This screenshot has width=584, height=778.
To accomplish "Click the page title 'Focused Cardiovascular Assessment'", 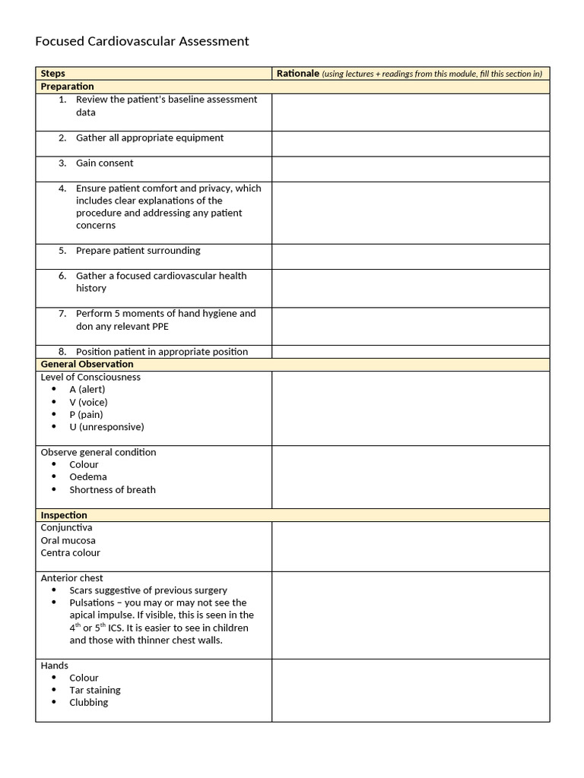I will (142, 41).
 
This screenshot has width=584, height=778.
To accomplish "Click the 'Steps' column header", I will (53, 74).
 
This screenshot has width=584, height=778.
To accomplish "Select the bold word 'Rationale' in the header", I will (297, 74).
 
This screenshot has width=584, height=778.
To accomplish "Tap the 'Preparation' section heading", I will (68, 87).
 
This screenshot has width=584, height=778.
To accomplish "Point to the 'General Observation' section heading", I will (87, 364).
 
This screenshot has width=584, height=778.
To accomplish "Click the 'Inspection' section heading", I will (64, 515).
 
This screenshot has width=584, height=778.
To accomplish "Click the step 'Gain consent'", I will (104, 163).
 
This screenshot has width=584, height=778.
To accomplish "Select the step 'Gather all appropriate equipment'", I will (150, 138).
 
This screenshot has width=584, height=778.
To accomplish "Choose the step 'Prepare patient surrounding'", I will (138, 251).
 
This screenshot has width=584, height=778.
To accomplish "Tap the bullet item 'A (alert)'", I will (87, 390).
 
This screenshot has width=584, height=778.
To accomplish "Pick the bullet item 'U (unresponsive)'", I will (106, 427).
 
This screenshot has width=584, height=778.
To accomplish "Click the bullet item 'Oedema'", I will (88, 477).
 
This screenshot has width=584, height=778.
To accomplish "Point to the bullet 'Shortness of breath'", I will (113, 490).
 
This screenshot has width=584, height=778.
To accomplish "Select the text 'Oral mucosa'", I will (68, 540).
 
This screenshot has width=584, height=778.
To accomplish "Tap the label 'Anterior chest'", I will (72, 578).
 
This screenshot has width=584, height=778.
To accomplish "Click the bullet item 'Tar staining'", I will (95, 690).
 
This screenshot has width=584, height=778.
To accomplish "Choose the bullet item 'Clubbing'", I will (89, 703).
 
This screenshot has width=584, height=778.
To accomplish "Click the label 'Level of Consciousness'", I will (90, 377).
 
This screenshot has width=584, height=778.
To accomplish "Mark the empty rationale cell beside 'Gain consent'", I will (411, 169).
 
